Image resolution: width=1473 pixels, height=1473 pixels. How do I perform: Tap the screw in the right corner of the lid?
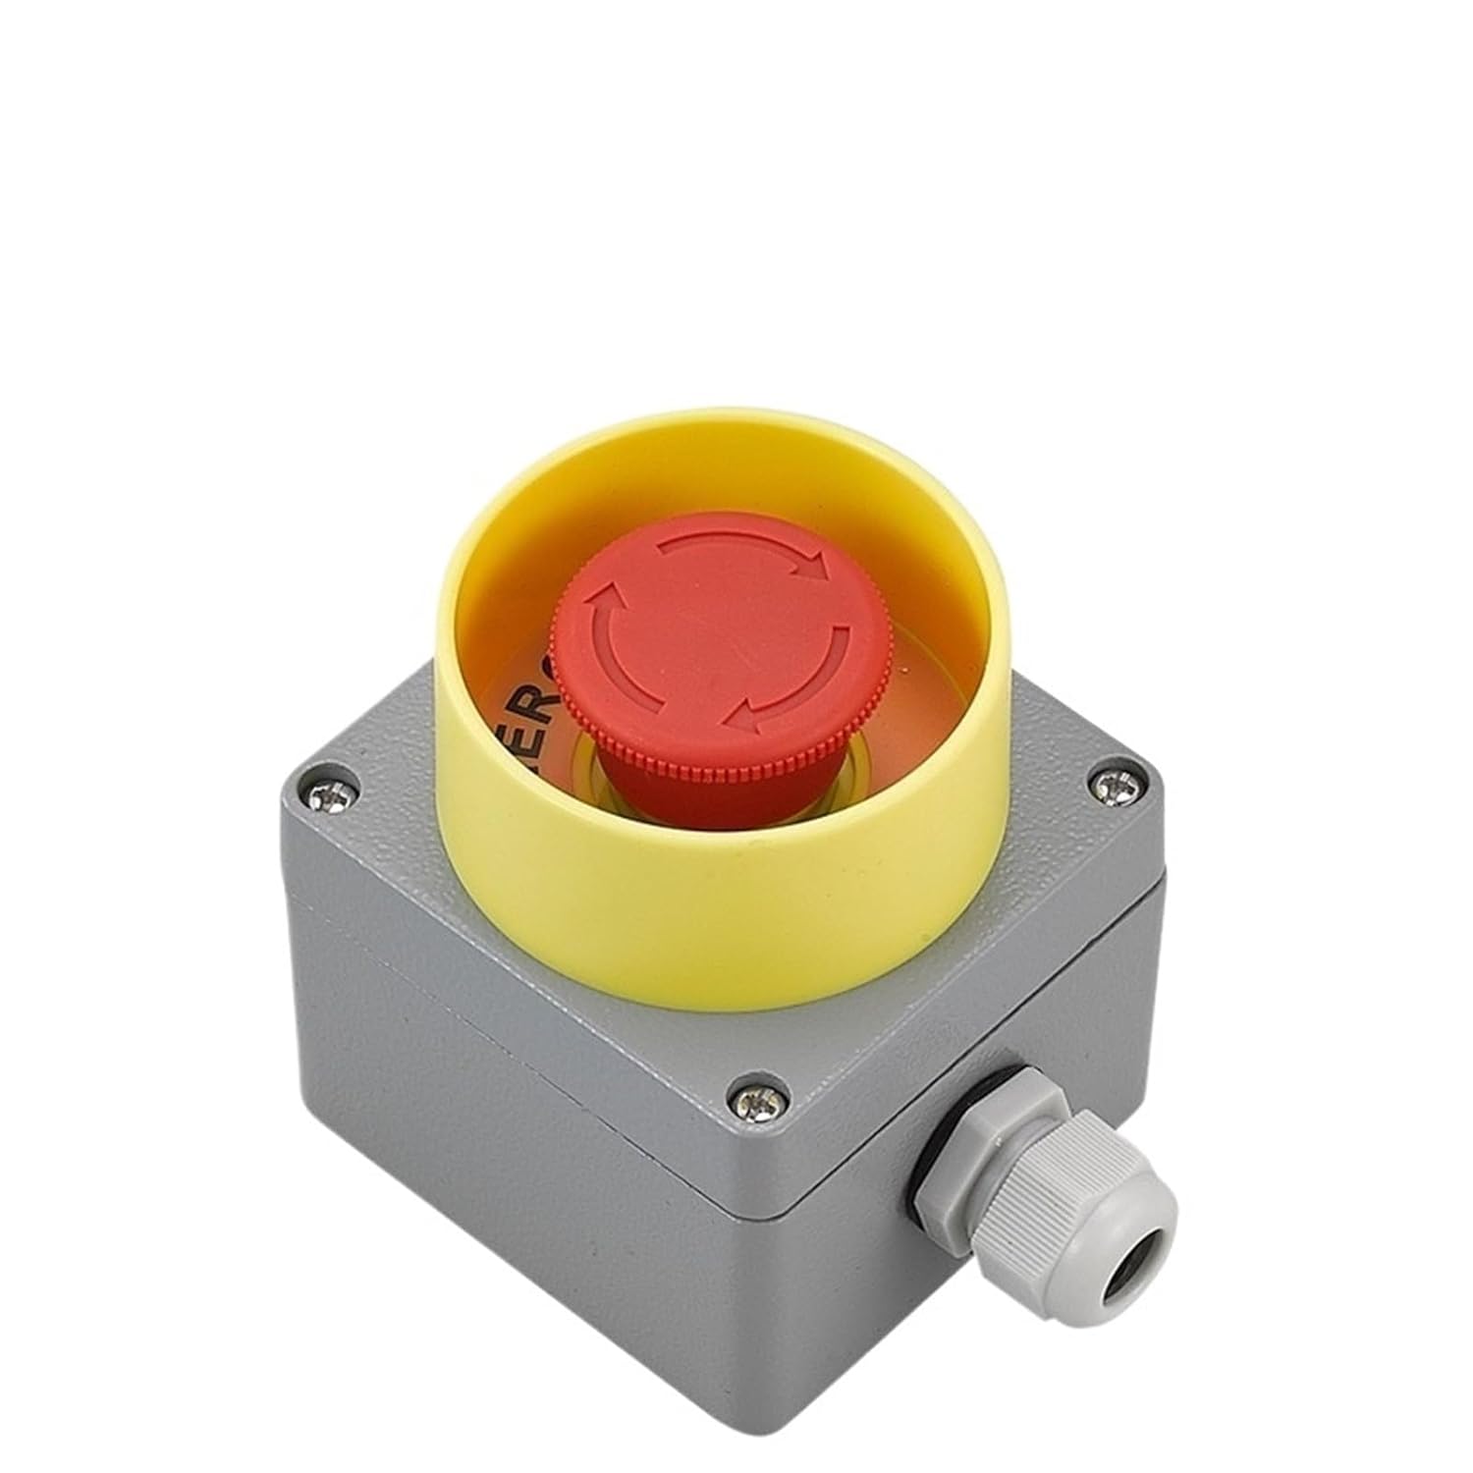pyautogui.click(x=1113, y=784)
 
